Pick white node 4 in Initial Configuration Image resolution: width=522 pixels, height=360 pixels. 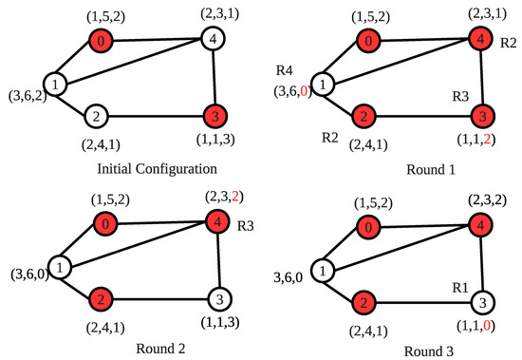[212, 40]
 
